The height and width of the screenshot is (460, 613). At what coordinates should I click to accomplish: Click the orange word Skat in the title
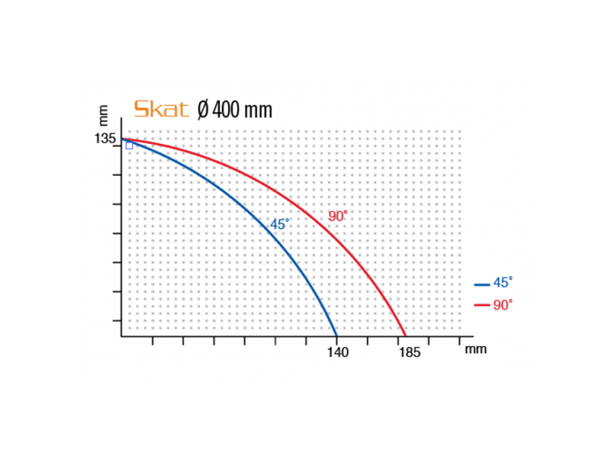(x=161, y=109)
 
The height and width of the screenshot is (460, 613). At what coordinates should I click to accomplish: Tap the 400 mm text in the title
(x=242, y=110)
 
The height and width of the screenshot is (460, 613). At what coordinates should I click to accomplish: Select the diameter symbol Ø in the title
(x=203, y=110)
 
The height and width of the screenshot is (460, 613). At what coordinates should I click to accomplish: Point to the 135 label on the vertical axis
(x=105, y=138)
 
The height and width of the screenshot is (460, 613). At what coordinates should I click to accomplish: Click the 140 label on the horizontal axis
(x=338, y=353)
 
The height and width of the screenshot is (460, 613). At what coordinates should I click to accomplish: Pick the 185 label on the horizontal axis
(x=409, y=353)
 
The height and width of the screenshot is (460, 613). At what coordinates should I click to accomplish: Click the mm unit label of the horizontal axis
(x=476, y=349)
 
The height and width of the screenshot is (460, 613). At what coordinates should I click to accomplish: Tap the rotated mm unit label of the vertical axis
(x=103, y=115)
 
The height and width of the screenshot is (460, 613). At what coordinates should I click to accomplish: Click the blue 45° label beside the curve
(x=280, y=224)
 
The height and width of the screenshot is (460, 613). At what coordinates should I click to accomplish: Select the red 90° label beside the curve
(x=338, y=216)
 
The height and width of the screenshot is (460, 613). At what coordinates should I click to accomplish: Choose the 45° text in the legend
(x=503, y=283)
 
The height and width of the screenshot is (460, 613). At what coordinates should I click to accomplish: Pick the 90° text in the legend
(x=503, y=305)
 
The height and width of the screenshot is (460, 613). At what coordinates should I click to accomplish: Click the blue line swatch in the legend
(x=482, y=285)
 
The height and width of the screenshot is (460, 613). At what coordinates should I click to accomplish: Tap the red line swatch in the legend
(x=482, y=305)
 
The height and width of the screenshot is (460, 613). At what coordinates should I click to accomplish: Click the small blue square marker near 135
(x=129, y=146)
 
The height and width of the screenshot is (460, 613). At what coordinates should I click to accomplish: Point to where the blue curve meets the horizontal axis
(x=337, y=336)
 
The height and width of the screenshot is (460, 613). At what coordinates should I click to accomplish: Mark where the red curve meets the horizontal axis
(x=406, y=336)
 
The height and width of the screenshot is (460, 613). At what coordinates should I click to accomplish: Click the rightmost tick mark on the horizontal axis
(x=459, y=340)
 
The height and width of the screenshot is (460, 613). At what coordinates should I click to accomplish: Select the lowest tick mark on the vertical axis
(x=118, y=321)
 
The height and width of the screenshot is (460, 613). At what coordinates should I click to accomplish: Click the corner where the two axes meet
(x=122, y=336)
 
